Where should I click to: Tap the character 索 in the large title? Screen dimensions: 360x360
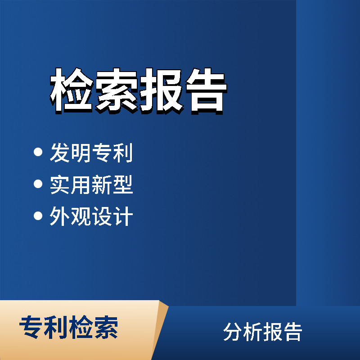pos(116,91)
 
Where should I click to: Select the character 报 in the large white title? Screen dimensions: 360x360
pos(160,91)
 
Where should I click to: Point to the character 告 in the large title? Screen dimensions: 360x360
pos(204,91)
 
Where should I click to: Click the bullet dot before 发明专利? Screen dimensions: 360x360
pos(38,152)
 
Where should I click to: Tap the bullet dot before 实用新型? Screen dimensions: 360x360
pos(38,184)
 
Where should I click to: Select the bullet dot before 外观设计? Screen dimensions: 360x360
pos(38,216)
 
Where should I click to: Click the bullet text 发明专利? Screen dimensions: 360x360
pos(91,153)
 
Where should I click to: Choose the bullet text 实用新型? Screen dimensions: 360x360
pos(91,185)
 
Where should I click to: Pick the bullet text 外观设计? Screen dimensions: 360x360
pos(91,217)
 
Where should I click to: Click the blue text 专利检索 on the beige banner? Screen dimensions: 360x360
pos(68,327)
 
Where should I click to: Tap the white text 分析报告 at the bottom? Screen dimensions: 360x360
pos(262,332)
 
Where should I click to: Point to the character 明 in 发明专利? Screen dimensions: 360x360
pos(81,153)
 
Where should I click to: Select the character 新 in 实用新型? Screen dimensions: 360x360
pos(102,185)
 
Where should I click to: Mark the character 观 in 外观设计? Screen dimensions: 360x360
pos(81,217)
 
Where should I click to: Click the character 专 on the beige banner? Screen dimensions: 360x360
pos(31,327)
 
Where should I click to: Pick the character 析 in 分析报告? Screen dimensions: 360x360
pos(252,332)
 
